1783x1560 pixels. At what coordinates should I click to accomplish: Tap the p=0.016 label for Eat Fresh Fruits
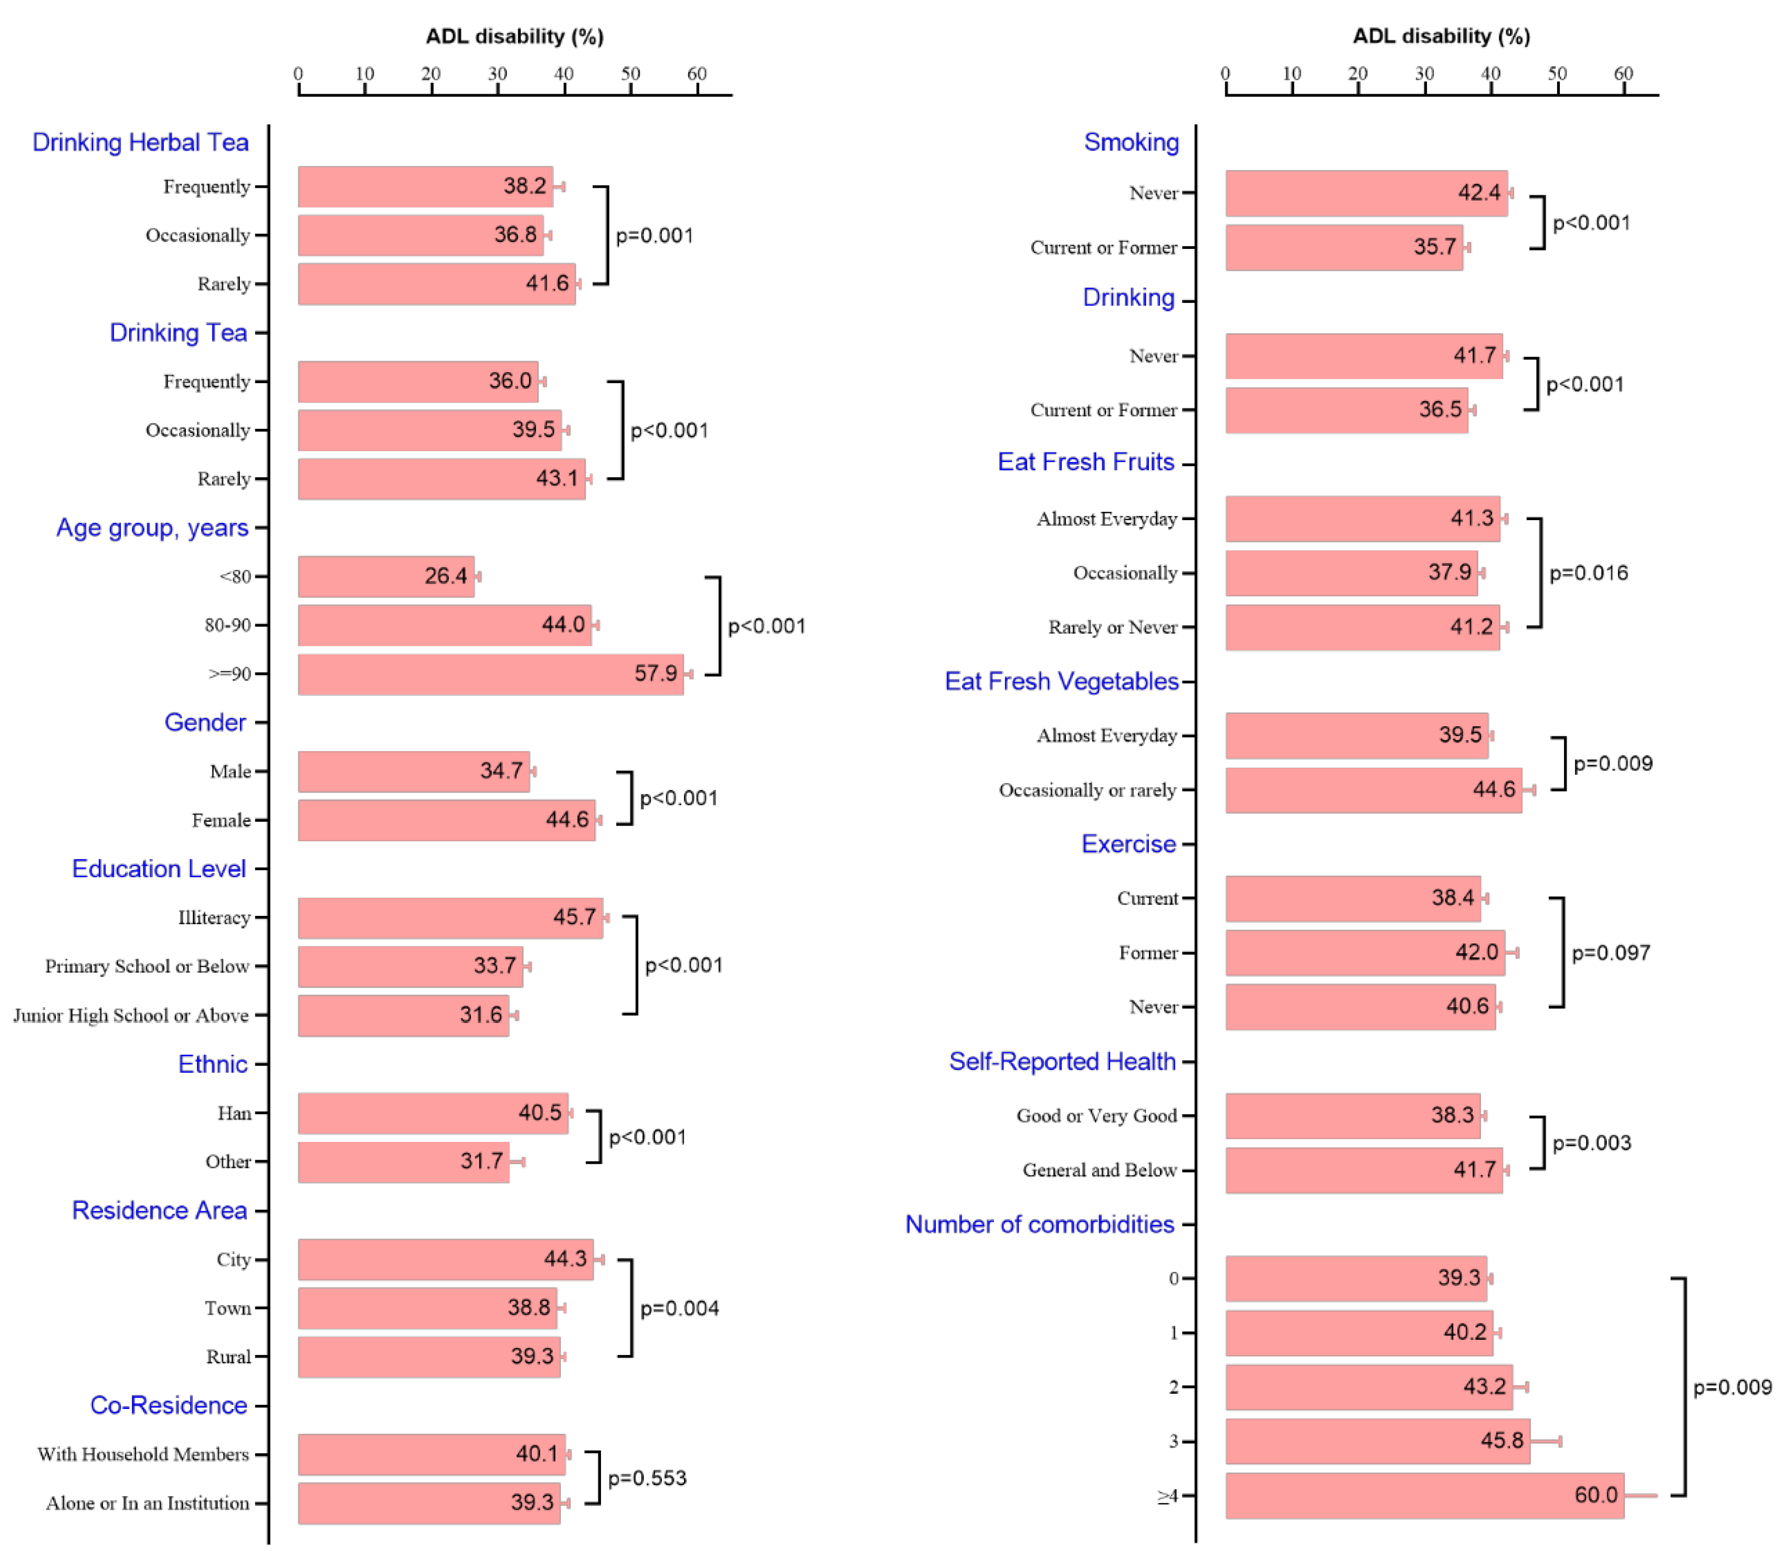point(1588,573)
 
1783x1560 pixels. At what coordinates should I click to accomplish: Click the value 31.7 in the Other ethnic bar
point(481,1161)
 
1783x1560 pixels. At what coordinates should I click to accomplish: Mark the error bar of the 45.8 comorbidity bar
point(1546,1442)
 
